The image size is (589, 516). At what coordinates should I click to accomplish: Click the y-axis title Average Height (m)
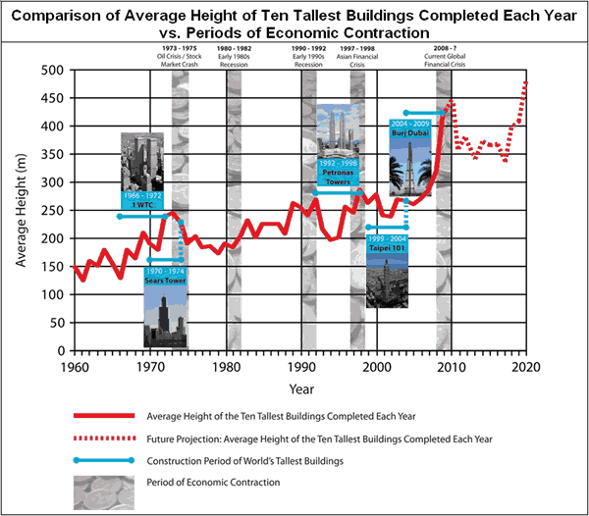pyautogui.click(x=20, y=211)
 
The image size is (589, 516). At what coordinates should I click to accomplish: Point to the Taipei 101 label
pyautogui.click(x=386, y=245)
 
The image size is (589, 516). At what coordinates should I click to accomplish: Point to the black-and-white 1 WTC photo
pyautogui.click(x=141, y=161)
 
